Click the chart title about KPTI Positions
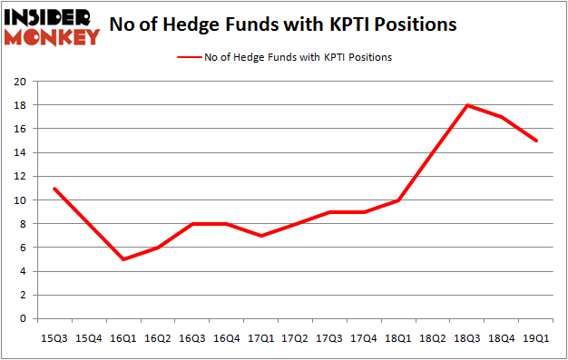pyautogui.click(x=282, y=24)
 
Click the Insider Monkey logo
pyautogui.click(x=52, y=25)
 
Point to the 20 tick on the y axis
pyautogui.click(x=19, y=82)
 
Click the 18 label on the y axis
pyautogui.click(x=19, y=105)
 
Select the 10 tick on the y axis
pyautogui.click(x=19, y=200)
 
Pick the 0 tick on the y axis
pyautogui.click(x=23, y=318)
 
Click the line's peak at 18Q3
pyautogui.click(x=467, y=105)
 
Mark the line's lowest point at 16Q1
pyautogui.click(x=122, y=259)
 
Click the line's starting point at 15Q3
pyautogui.click(x=54, y=188)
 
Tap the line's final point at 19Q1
pyautogui.click(x=536, y=141)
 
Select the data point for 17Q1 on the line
pyautogui.click(x=260, y=236)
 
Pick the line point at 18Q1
pyautogui.click(x=398, y=200)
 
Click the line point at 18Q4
pyautogui.click(x=502, y=117)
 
